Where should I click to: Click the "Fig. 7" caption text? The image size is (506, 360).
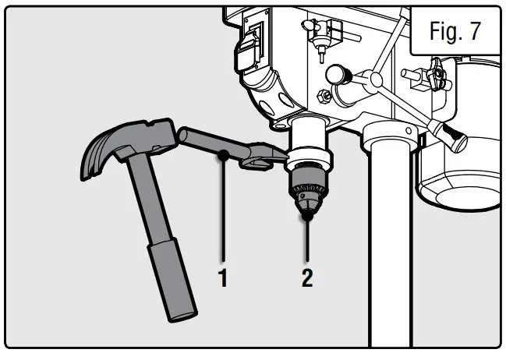[456, 32]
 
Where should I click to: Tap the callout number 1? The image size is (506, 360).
[223, 277]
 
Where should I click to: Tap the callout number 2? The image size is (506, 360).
[307, 277]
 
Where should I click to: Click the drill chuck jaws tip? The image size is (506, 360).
[309, 209]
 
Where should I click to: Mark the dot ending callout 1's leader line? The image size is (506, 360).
[224, 155]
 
